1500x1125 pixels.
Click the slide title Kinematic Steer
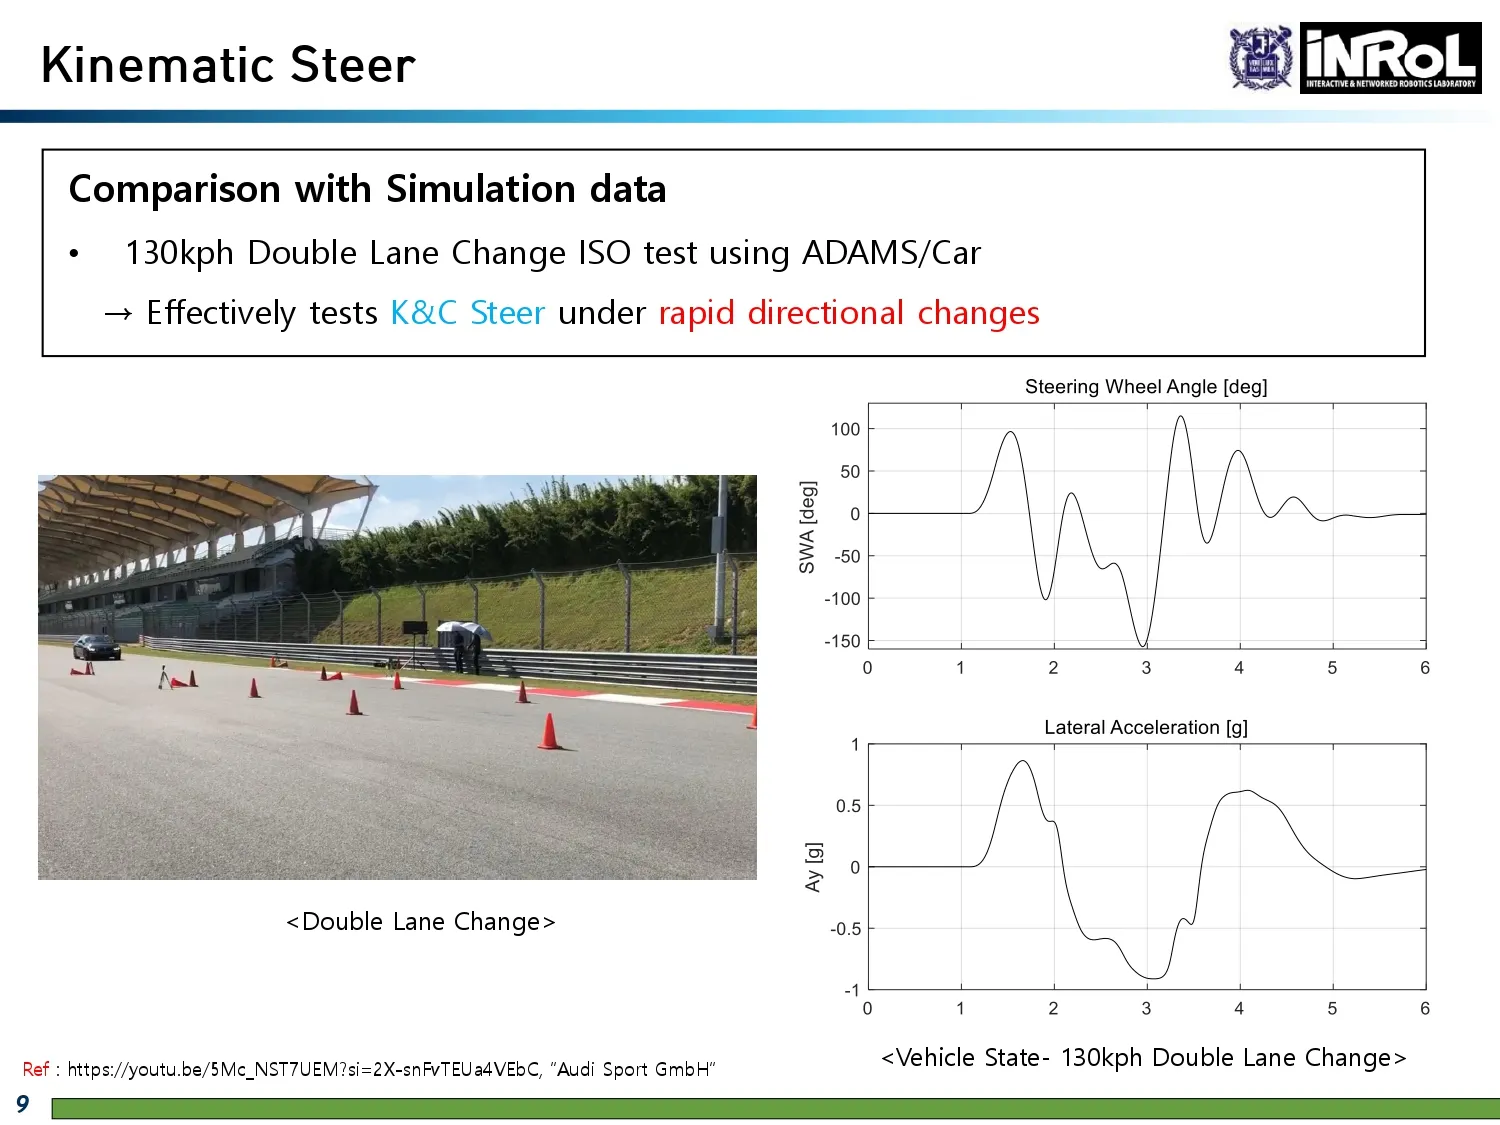point(228,65)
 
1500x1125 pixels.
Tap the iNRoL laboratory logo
point(1390,57)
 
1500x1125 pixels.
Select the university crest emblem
point(1261,57)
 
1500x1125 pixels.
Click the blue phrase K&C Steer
point(467,313)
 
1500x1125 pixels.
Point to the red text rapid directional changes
point(849,313)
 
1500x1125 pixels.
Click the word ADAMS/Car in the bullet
point(891,253)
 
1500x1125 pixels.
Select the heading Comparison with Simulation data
point(368,189)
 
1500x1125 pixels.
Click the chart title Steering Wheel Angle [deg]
point(1146,387)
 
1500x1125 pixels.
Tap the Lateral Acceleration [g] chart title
point(1146,727)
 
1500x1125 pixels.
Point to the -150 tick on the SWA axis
point(842,641)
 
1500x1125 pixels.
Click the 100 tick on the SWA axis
point(845,430)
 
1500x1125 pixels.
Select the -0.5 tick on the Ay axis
point(845,929)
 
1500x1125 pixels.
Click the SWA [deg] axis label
point(807,527)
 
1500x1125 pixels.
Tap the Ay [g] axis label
point(813,867)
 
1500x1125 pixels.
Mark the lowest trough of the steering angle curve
point(1143,645)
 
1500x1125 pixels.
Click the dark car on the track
point(97,647)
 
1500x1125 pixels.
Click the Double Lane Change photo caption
point(421,921)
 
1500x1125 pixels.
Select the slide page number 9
point(23,1104)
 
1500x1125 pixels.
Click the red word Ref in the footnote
point(36,1069)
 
